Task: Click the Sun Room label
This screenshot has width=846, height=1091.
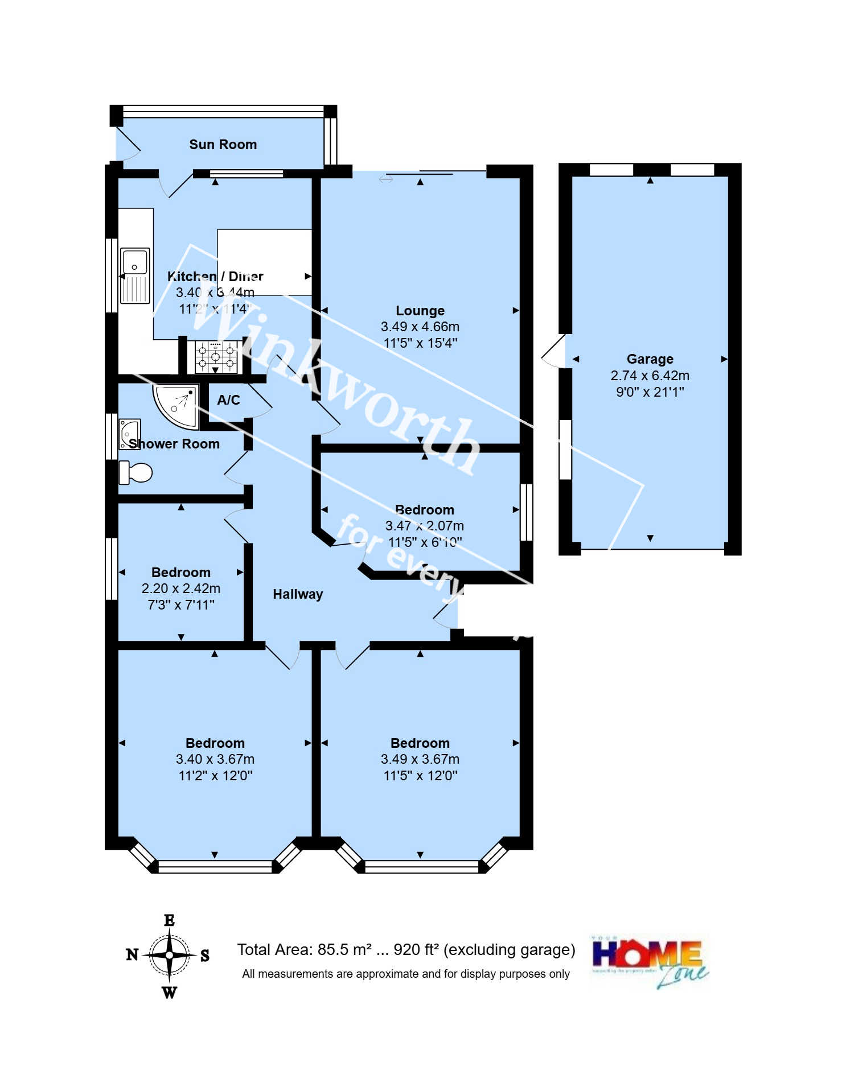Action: (x=223, y=145)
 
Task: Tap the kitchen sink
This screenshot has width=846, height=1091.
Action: (x=135, y=275)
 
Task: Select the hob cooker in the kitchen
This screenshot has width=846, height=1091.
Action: (x=216, y=357)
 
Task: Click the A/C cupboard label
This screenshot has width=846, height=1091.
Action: (x=228, y=400)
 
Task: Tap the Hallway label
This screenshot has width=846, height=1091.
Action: (x=298, y=594)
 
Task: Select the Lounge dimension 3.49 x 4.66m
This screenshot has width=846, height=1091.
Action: (x=420, y=327)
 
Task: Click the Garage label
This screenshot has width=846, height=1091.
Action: (x=650, y=359)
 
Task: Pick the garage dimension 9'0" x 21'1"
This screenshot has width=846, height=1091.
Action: (x=650, y=392)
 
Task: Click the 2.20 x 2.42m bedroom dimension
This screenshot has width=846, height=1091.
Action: (x=181, y=588)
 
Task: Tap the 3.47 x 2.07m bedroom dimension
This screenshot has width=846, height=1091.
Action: (x=424, y=526)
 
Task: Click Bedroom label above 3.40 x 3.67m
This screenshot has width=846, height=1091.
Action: (x=215, y=743)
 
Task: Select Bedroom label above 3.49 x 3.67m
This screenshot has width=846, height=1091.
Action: (x=420, y=743)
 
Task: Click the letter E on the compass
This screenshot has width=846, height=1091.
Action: (x=169, y=920)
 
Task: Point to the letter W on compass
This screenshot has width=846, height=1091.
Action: (x=169, y=993)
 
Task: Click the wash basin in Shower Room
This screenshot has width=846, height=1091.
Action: (x=129, y=434)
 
